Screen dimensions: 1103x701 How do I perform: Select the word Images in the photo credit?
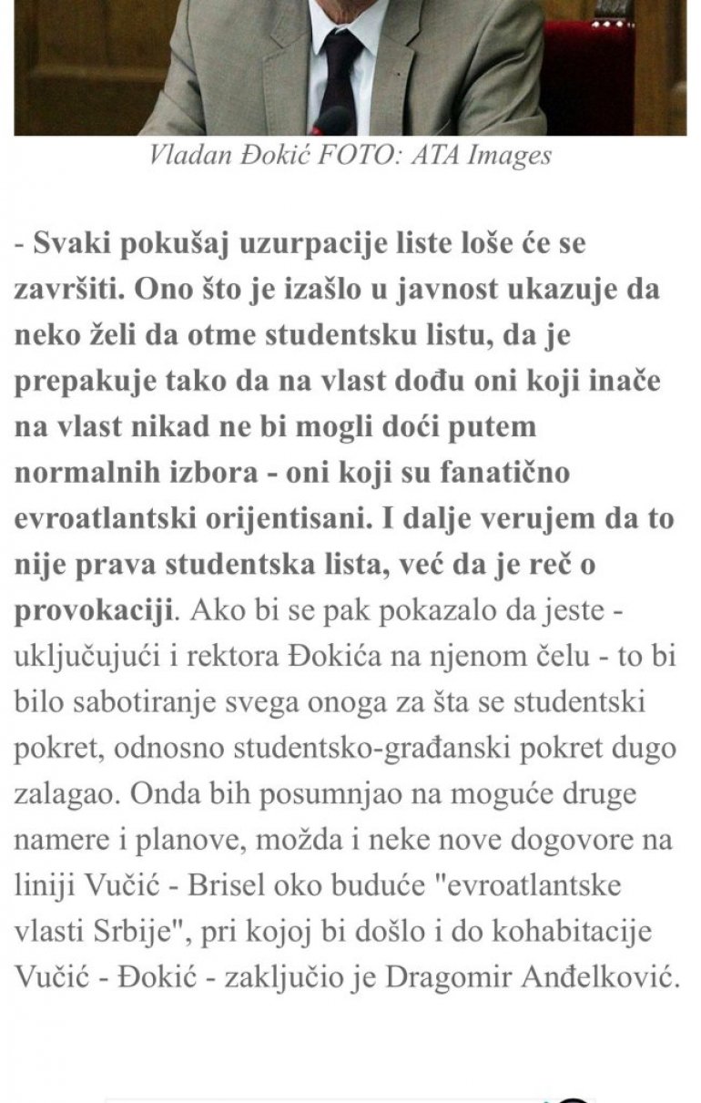pos(509,156)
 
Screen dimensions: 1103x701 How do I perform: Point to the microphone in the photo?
pos(332,120)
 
